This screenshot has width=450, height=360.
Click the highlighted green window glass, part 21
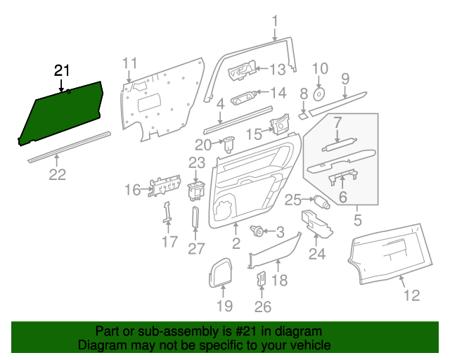(63, 112)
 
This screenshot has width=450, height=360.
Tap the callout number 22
(57, 175)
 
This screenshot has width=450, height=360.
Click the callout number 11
(129, 64)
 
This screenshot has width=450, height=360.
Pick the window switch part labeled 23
(196, 190)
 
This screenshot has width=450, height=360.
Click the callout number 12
(411, 295)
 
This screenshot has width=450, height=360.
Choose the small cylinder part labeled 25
(323, 203)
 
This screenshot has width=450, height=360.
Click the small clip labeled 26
(260, 278)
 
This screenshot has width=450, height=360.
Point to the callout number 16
(132, 190)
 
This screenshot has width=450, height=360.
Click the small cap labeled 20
(229, 145)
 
